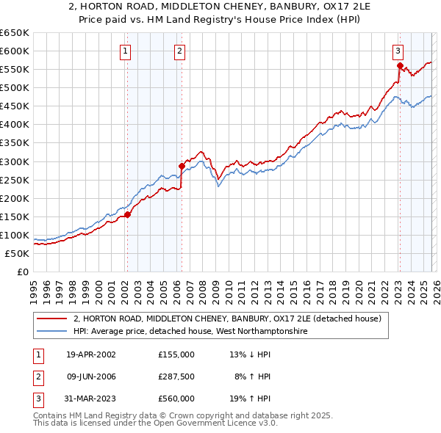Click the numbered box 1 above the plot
[126, 51]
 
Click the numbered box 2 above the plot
[180, 51]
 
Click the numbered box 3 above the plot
[398, 51]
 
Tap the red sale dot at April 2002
[127, 214]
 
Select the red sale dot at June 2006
[182, 166]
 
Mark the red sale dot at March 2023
[399, 65]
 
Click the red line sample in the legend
[52, 319]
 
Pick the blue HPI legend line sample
[52, 332]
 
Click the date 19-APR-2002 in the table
[91, 354]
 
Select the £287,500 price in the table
[176, 376]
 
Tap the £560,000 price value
[176, 399]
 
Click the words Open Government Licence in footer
[212, 423]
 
